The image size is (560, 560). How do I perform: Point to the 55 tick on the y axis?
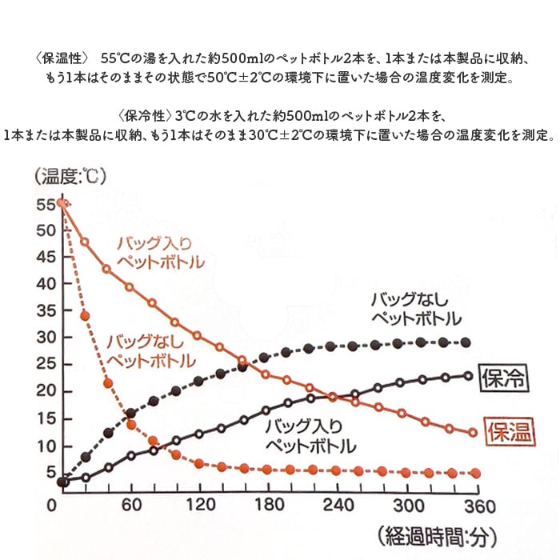(x=45, y=204)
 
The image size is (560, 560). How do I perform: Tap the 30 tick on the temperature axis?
(x=45, y=337)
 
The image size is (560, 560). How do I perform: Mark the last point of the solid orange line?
(x=473, y=433)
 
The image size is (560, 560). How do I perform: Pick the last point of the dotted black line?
(x=466, y=342)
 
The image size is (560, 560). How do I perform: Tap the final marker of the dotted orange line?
(x=476, y=473)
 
